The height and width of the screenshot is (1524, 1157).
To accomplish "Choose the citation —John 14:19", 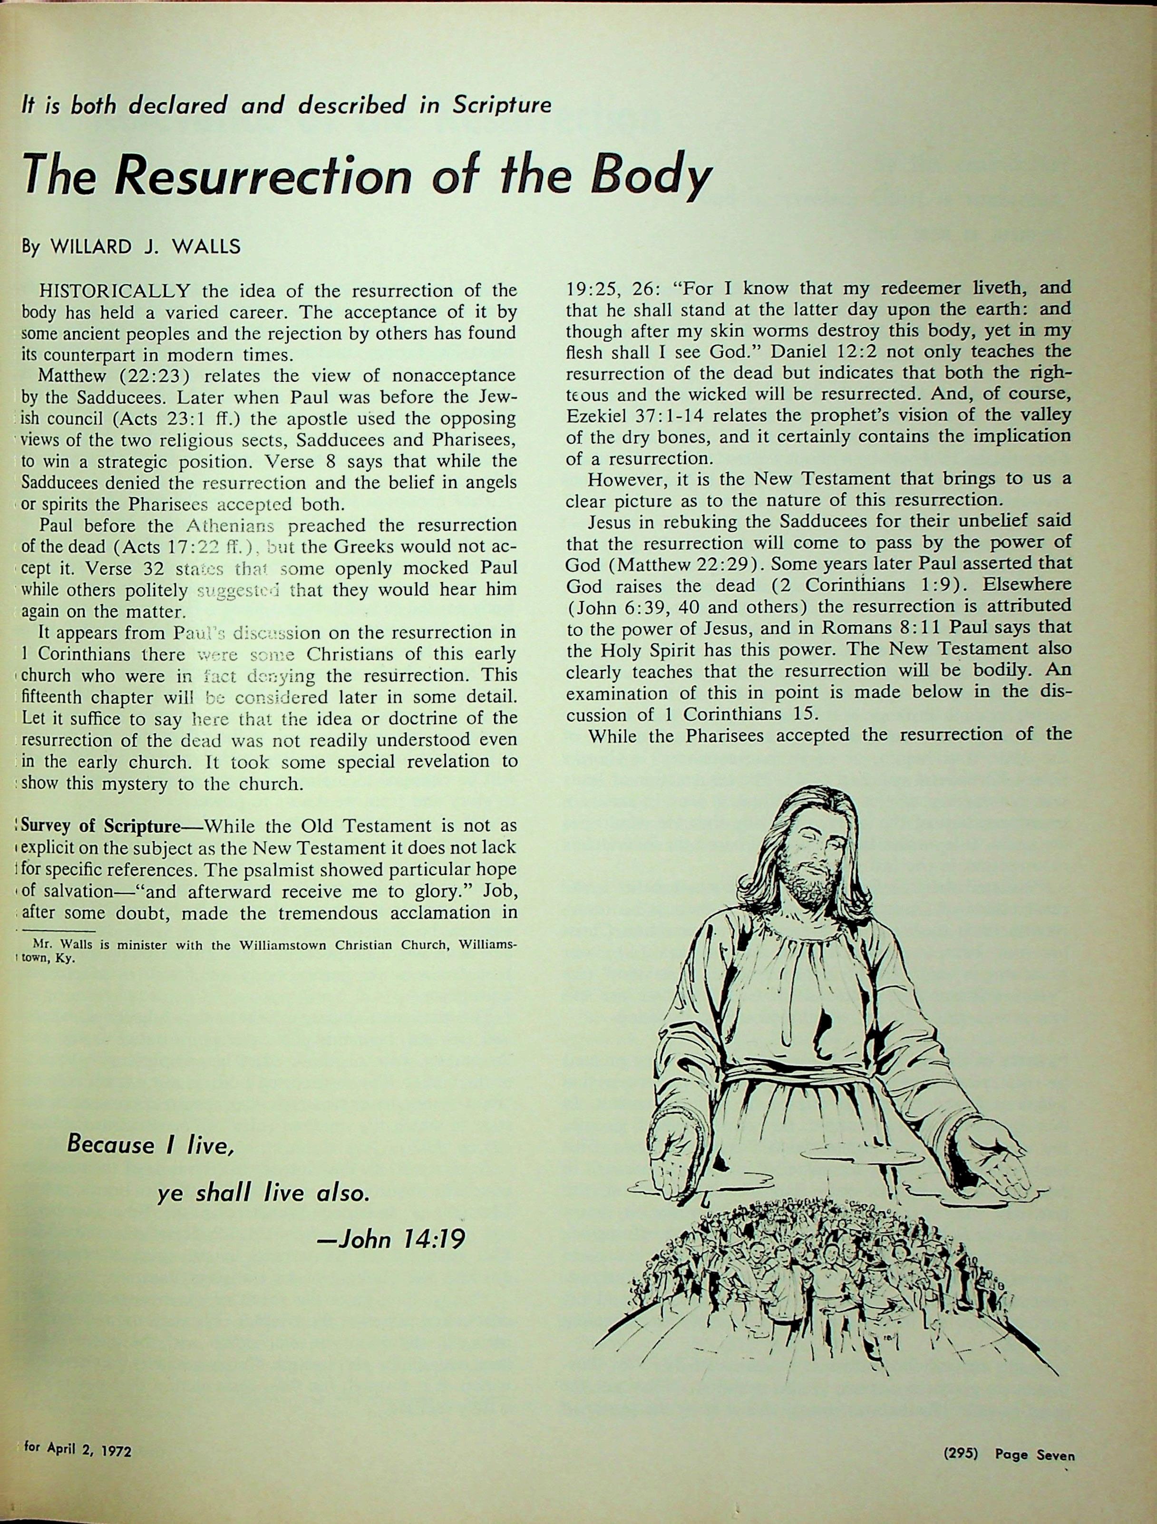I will [389, 1240].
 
